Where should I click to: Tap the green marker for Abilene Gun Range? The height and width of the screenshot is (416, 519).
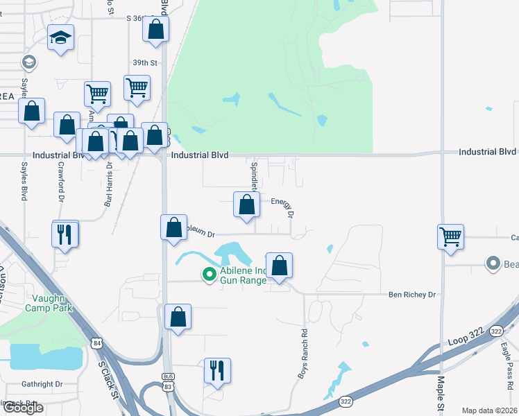point(208,275)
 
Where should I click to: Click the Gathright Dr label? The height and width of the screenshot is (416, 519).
point(42,383)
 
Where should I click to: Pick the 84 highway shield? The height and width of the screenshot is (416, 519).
point(97,343)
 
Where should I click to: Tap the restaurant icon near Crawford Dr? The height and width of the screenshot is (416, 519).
point(65,234)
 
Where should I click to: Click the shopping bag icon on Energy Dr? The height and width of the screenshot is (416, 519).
point(246,205)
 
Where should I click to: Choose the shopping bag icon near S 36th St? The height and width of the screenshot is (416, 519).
point(155,29)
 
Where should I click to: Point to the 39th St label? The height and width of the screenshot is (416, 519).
point(141,62)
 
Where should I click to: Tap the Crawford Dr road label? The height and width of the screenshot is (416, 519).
point(61,182)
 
